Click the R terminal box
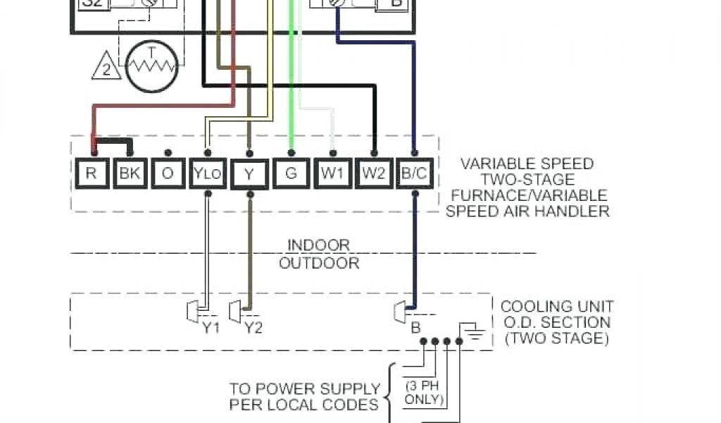tap(91, 173)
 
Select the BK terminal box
tap(130, 173)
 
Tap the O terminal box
tap(168, 173)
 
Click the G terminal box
tap(291, 173)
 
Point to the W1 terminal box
tap(332, 173)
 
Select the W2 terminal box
tap(373, 173)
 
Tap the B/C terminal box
tap(414, 173)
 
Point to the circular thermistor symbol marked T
tap(152, 66)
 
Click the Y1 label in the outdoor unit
tap(211, 327)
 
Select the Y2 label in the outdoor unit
tap(253, 327)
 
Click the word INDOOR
tap(318, 245)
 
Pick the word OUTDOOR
tap(319, 264)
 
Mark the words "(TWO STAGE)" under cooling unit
tap(557, 338)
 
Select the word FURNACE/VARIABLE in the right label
tap(529, 195)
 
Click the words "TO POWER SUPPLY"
tap(305, 388)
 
